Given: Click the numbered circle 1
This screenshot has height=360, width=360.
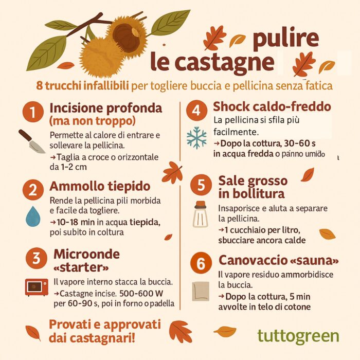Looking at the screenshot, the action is coord(33,112).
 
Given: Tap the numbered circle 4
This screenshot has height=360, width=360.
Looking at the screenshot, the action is coord(196,111).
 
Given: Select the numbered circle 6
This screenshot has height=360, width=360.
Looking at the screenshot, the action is coord(201,263).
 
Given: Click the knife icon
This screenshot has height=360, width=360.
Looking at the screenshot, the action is coord(32,141).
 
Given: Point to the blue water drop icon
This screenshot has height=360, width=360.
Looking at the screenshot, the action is coord(33,217).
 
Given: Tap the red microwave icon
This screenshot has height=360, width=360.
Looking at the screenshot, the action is coord(37,287).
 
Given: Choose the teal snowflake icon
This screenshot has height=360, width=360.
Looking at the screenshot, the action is coord(196,137).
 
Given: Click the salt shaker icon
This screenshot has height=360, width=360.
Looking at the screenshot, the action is coord(201,214).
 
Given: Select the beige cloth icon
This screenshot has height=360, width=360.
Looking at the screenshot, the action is coord(201,291).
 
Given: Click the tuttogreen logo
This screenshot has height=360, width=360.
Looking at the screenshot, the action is coord(298,336).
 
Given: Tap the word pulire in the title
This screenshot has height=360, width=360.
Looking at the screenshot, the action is coord(286,39).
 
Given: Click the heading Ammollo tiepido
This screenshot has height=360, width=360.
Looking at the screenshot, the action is coord(100,186).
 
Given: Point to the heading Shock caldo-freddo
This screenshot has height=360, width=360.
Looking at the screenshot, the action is coord(272,106).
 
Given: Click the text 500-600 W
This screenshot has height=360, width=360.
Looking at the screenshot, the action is coord(141,293).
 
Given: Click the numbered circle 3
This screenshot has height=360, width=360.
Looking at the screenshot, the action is coord(37,258).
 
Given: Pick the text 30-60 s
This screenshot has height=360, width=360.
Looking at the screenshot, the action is coord(300,143).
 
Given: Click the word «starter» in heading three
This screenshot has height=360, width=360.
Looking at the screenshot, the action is coord(81,267).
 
